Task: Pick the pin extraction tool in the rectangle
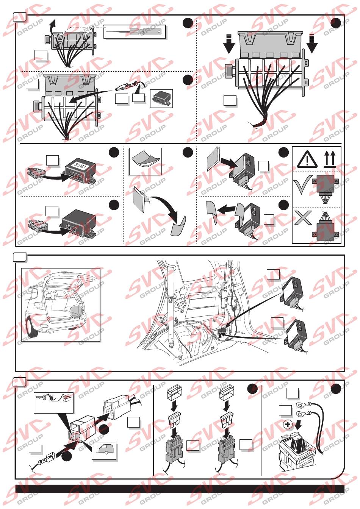[135, 31]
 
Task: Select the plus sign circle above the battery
[288, 425]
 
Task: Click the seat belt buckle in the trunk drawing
[179, 301]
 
